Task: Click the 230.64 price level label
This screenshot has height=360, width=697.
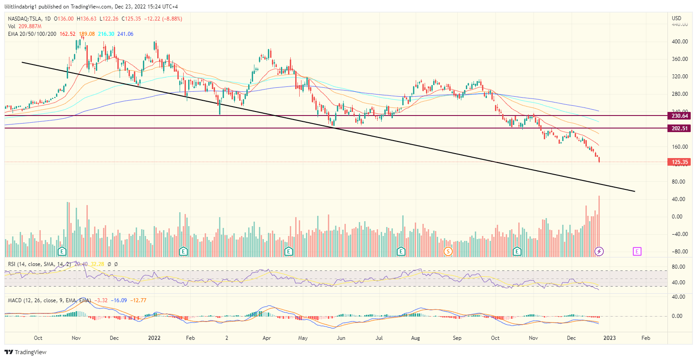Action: point(680,116)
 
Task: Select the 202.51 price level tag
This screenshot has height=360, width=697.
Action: point(680,129)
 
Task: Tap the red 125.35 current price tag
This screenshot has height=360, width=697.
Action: point(680,162)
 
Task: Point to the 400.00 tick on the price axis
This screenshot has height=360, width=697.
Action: point(680,42)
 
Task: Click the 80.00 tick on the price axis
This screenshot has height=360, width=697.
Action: point(680,182)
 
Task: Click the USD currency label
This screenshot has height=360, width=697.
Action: point(676,18)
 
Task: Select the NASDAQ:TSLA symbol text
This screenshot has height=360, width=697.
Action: point(23,19)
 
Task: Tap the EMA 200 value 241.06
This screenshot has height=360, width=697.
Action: point(125,34)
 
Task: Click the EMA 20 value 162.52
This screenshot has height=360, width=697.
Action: point(68,34)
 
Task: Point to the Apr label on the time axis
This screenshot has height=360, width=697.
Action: point(267,338)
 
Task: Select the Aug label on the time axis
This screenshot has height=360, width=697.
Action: point(416,338)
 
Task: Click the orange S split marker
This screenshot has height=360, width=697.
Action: point(447,251)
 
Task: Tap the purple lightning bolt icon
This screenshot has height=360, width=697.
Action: point(599,251)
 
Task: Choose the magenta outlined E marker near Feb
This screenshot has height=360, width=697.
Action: point(637,251)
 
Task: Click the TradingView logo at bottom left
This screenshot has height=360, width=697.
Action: point(26,352)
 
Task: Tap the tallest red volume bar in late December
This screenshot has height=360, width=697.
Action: point(599,224)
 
